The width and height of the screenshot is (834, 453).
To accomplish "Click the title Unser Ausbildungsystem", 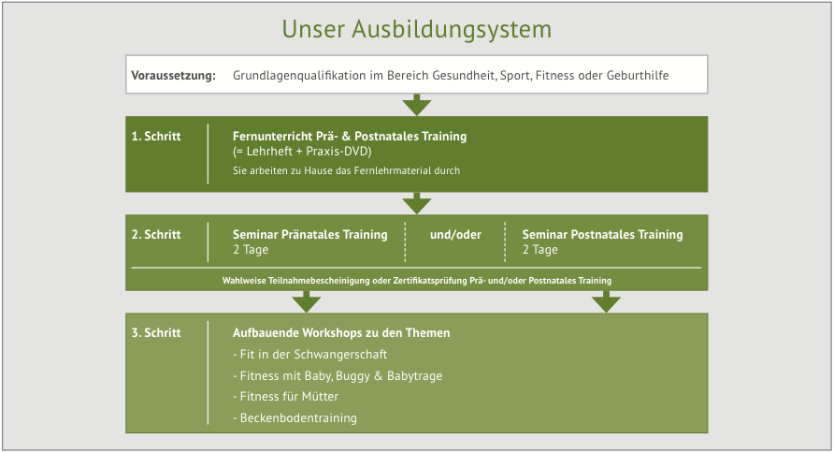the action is point(416,29).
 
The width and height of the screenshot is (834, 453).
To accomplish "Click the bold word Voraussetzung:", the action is point(173,76).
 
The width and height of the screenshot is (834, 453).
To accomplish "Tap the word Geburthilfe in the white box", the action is point(637,75).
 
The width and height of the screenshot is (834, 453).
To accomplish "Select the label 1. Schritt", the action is point(156,137).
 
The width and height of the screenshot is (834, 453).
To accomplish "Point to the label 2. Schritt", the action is point(156,235).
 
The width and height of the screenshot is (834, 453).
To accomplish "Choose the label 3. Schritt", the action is point(156,332).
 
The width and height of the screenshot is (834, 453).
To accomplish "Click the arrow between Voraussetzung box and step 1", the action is point(416,105).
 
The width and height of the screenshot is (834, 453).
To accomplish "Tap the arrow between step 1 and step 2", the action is point(416,203).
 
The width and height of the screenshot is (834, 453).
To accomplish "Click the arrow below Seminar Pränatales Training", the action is point(307,301).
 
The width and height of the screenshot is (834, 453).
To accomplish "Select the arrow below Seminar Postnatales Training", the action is point(607,301).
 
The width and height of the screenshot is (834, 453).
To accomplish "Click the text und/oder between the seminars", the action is point(455,235).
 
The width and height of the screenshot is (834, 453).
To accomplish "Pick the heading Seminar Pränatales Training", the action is point(310,235).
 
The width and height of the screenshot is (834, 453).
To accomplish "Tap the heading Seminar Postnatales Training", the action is point(602,235).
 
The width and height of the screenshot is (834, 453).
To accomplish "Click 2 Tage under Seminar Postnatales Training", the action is point(539,250).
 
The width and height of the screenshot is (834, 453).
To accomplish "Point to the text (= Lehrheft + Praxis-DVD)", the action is point(302,152).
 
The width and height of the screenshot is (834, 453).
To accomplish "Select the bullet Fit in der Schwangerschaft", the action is point(310,355).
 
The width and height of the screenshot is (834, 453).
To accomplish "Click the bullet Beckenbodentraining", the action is point(295,417).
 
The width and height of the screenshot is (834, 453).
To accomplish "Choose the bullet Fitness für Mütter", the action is point(285,397).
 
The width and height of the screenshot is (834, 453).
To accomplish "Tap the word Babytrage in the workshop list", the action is point(414,376).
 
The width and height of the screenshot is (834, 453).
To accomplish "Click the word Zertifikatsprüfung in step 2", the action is point(430,281).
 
